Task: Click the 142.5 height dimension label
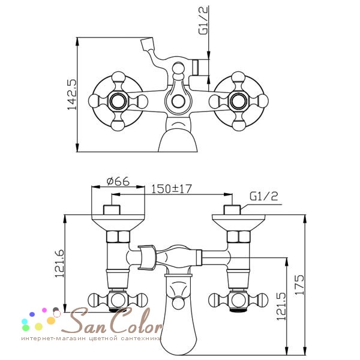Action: (71, 95)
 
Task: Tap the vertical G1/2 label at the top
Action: (203, 20)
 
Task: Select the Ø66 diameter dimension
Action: (118, 181)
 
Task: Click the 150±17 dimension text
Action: (171, 189)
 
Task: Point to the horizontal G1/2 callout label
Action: (264, 196)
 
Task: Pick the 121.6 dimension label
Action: (59, 263)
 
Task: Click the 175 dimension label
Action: (299, 284)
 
